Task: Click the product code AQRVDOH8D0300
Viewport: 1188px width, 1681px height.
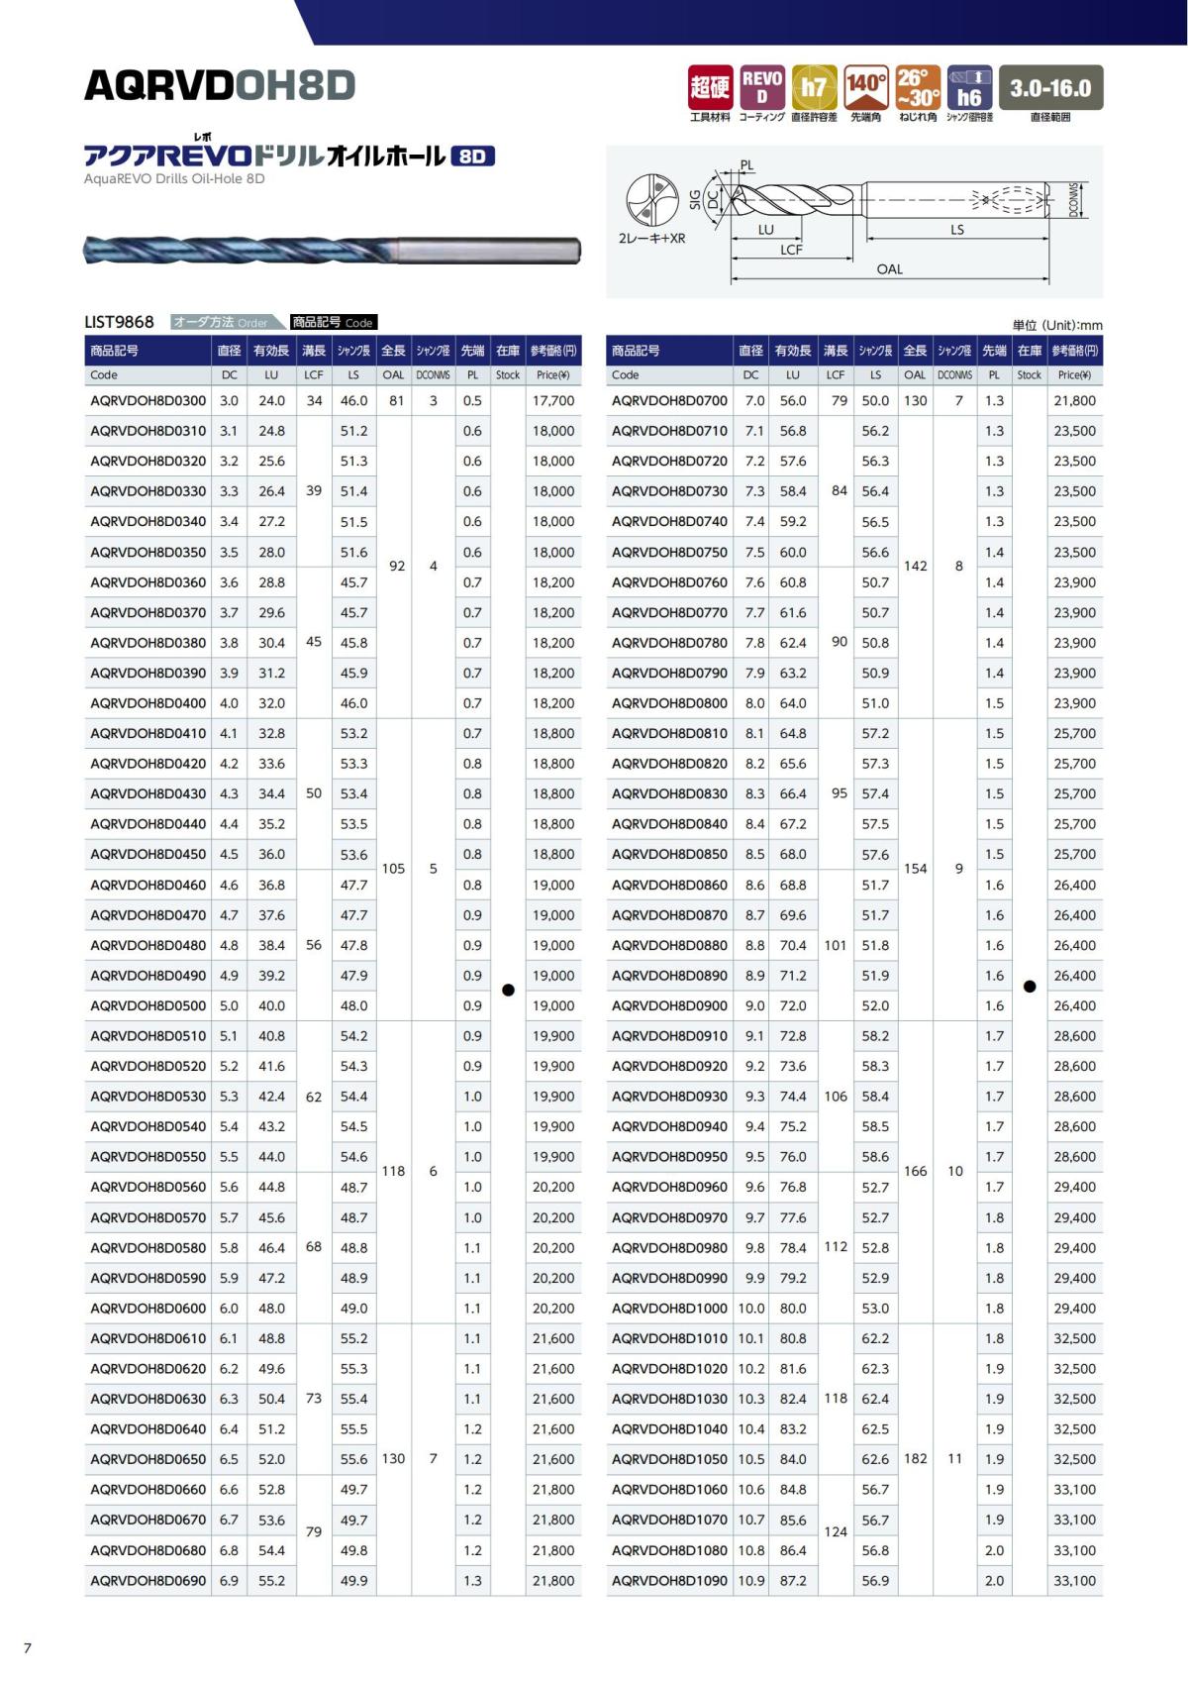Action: [148, 401]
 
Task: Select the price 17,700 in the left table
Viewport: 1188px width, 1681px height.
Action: [553, 401]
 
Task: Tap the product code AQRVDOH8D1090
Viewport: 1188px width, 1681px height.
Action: [669, 1581]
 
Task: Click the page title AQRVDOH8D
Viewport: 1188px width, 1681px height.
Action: [220, 86]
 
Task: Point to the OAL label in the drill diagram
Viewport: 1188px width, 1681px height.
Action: [889, 269]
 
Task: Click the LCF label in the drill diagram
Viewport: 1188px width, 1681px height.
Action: [791, 250]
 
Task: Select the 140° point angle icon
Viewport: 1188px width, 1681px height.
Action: [866, 87]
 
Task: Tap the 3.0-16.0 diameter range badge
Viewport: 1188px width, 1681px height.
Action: [1050, 88]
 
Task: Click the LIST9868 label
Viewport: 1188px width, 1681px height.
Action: [120, 322]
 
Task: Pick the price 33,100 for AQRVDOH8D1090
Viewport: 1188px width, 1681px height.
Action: [1074, 1581]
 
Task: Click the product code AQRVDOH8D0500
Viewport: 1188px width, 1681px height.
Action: [148, 1005]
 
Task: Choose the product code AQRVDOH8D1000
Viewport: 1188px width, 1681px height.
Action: [669, 1309]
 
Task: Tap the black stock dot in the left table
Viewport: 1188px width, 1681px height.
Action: [508, 990]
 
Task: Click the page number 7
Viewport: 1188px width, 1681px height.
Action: [28, 1648]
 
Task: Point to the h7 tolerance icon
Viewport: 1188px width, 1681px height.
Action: [814, 87]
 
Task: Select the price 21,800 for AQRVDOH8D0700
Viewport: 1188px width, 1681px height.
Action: [1074, 401]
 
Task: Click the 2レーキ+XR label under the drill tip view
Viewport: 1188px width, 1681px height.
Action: [651, 239]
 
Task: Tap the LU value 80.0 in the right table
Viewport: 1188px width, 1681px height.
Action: [793, 1309]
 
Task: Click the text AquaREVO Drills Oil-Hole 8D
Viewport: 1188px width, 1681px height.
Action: [174, 179]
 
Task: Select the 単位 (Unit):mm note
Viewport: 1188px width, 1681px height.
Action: [1056, 325]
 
